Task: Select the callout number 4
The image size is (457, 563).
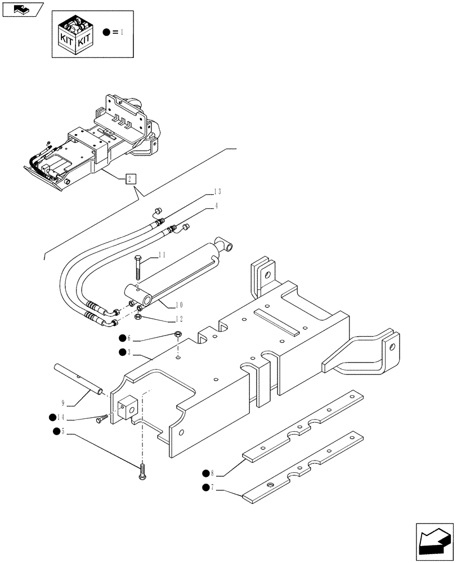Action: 216,206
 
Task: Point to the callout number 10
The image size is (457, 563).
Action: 180,305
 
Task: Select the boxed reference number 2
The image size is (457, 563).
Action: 129,179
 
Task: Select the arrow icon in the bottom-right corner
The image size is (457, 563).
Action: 434,541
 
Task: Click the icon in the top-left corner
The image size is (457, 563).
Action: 22,8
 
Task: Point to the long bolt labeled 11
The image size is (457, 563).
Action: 137,269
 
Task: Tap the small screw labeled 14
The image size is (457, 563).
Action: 101,419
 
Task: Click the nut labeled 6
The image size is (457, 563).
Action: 177,336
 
